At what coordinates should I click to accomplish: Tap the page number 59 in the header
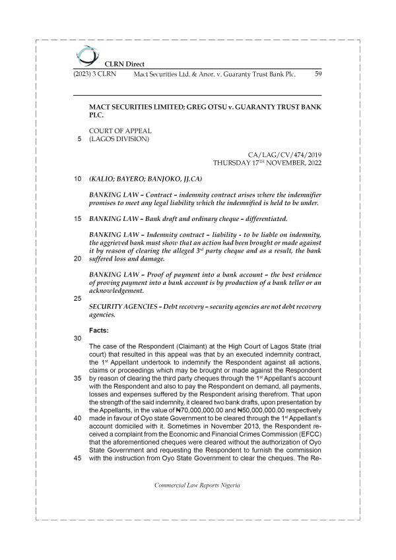coord(317,75)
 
